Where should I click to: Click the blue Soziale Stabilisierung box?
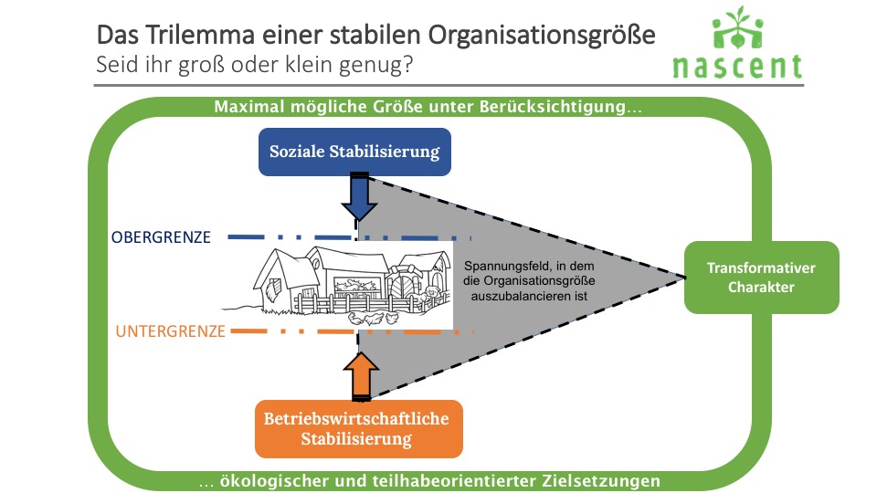[354, 152]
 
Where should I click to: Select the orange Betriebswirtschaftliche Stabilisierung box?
[358, 429]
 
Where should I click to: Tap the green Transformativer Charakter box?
[761, 278]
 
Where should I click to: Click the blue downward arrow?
[358, 197]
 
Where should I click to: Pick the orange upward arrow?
[361, 376]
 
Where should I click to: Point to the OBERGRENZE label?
[161, 237]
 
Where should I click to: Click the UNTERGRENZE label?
[170, 331]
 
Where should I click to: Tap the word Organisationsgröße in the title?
[542, 36]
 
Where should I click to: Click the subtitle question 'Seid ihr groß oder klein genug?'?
[255, 65]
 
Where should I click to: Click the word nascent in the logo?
[738, 66]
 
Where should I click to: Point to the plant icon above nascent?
[738, 28]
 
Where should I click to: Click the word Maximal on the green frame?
[249, 107]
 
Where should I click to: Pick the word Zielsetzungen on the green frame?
[601, 481]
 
